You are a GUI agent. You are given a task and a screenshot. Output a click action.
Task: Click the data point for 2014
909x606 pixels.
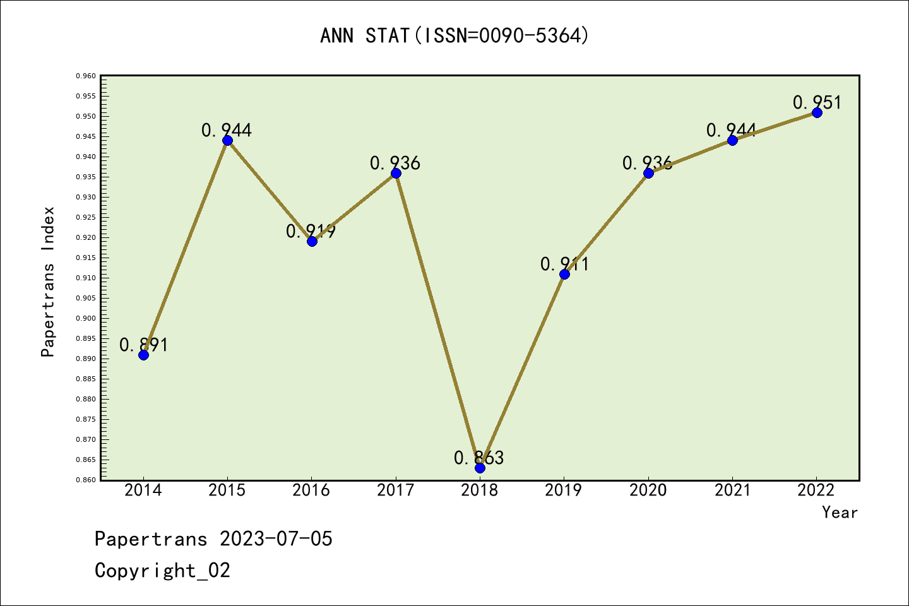tap(143, 355)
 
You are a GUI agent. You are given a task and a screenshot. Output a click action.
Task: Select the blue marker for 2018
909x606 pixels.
tap(480, 468)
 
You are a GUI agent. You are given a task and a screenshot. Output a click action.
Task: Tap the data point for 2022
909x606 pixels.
tap(817, 112)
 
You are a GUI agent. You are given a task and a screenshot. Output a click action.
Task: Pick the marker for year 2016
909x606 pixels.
tap(312, 241)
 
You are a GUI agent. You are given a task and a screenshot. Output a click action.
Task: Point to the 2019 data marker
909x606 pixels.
tap(564, 274)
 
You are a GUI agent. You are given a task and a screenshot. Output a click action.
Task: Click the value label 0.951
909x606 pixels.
tap(817, 102)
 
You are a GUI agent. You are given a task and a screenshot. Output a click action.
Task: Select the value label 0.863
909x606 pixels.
tap(479, 458)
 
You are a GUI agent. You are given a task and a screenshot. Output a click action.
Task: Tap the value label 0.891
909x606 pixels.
tap(144, 345)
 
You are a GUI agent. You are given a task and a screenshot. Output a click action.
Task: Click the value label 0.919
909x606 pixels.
tap(311, 231)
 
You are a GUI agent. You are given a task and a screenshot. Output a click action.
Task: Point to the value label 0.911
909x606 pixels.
tap(564, 264)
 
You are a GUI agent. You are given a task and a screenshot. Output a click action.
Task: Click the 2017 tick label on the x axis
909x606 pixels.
tap(396, 490)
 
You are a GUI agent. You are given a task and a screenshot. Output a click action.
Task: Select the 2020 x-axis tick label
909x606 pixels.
tap(648, 490)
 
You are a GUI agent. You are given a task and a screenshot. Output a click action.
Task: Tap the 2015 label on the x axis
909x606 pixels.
tap(227, 490)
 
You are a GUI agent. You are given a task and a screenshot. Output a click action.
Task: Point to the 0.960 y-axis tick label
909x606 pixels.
tap(86, 76)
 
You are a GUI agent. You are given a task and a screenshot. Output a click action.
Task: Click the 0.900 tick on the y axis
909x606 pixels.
tap(86, 318)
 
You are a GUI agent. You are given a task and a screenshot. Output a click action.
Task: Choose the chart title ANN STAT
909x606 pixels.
tap(454, 35)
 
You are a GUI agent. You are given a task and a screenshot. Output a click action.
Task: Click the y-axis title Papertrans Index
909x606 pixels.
tap(48, 282)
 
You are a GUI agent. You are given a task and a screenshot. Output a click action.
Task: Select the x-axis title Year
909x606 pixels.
tap(840, 513)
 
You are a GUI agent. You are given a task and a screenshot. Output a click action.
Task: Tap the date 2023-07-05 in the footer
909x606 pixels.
tap(276, 539)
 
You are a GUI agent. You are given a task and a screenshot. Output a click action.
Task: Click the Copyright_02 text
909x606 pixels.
tap(162, 571)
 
